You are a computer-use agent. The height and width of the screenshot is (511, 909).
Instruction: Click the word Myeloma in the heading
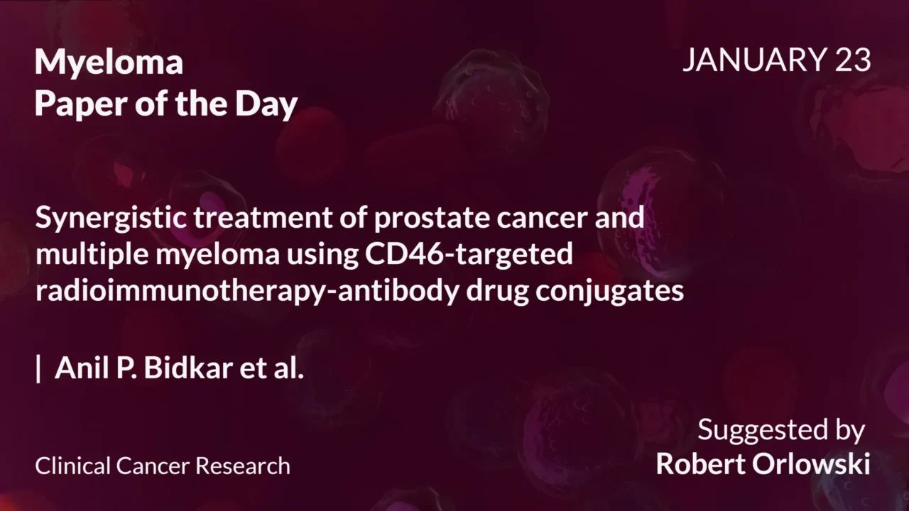109,63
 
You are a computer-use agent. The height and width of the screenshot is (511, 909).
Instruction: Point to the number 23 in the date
852,60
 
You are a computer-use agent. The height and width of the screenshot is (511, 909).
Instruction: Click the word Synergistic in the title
111,218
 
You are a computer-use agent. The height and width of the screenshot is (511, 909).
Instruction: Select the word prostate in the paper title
421,218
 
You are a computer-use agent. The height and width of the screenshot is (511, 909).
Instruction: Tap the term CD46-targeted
469,254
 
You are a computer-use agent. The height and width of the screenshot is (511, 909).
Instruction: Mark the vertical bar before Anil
38,369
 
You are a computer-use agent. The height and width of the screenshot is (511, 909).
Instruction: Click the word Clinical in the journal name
72,466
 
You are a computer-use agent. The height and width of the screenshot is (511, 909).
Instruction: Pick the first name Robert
703,463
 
